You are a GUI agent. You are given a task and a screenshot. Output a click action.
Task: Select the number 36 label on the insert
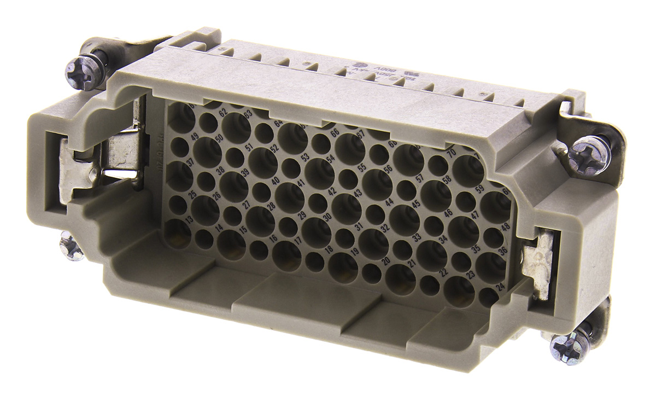(503, 251)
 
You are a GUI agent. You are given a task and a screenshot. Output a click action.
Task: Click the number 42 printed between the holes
(332, 191)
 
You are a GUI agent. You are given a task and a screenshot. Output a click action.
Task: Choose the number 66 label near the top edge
(335, 132)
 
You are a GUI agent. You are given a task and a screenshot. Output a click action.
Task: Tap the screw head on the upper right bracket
(584, 153)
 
